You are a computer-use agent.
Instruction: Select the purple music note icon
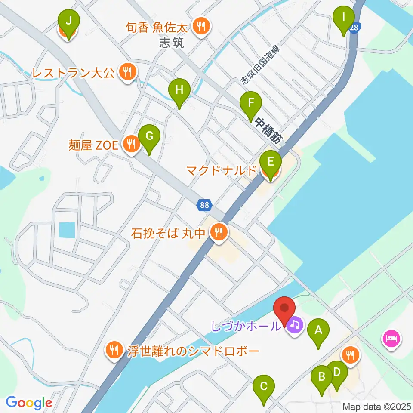pyautogui.click(x=294, y=325)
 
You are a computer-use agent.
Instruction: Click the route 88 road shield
pyautogui.click(x=204, y=205)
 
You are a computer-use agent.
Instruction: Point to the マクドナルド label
pyautogui.click(x=221, y=171)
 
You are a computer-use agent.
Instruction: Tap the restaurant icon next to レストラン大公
pyautogui.click(x=126, y=72)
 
